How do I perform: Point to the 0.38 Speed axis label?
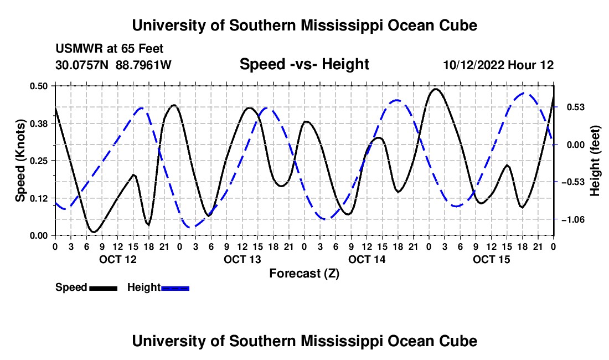pos(39,124)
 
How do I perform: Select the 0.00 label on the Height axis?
pos(576,145)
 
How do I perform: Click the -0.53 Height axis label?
pos(573,182)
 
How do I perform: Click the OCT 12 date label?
pos(118,259)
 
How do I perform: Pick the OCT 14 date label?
pos(367,259)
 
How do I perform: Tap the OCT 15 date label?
pos(491,259)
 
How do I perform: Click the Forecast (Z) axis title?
pos(304,274)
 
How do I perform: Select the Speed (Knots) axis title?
pos(20,161)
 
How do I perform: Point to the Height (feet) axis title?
pos(595,161)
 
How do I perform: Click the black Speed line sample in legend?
pos(104,288)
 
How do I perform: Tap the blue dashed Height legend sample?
pos(175,288)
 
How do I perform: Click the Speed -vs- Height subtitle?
pos(304,64)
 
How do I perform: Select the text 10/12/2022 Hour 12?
pos(499,65)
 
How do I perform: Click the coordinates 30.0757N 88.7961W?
pos(113,65)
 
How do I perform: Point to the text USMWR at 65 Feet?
pos(110,49)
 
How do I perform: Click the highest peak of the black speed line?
pos(436,89)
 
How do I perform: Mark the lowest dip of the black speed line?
pos(94,232)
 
